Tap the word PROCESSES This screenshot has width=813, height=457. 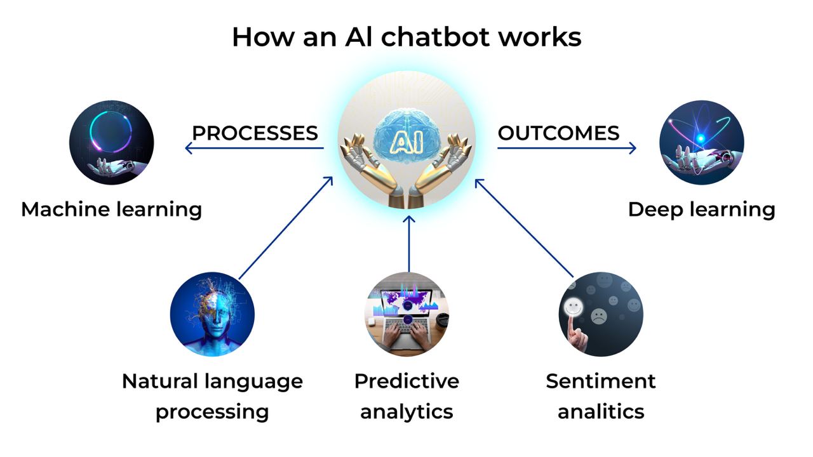[x=255, y=133]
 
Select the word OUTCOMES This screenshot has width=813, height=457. [x=558, y=133]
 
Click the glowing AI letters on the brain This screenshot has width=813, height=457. [x=406, y=141]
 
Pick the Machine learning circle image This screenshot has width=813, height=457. [x=111, y=143]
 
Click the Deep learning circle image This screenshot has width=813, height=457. [x=702, y=143]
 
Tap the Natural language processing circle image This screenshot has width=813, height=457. [x=212, y=314]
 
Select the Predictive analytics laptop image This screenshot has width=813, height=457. [x=406, y=314]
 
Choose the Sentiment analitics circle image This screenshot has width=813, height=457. [x=601, y=314]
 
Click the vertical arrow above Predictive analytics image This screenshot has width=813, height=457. [x=409, y=244]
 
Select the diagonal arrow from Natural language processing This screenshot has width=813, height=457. [x=286, y=228]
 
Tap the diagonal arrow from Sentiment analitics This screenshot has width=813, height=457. [x=524, y=228]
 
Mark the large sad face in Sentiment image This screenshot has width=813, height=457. [x=599, y=316]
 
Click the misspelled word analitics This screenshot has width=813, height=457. [x=601, y=412]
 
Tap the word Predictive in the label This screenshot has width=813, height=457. [x=406, y=381]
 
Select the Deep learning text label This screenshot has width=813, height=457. [x=702, y=210]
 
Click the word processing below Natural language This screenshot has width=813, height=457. [x=212, y=413]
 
